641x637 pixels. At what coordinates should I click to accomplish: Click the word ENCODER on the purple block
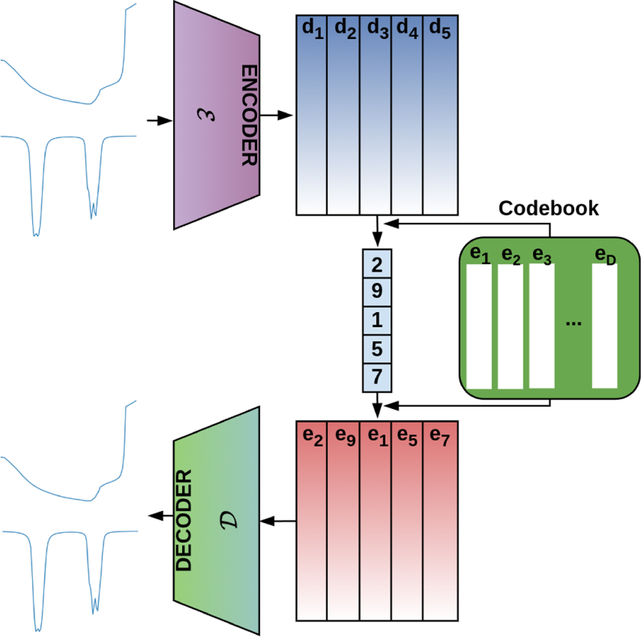point(249,115)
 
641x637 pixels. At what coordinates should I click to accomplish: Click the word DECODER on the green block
point(184,521)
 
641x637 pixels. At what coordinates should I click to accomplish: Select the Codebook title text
point(549,208)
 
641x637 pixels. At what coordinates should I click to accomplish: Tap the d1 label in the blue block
point(312,29)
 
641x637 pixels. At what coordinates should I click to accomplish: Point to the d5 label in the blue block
point(440,29)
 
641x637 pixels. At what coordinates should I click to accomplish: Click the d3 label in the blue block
point(377,29)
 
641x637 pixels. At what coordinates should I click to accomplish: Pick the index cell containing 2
point(377,264)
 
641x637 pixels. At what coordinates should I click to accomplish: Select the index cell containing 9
point(377,292)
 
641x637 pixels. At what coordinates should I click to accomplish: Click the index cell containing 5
point(377,349)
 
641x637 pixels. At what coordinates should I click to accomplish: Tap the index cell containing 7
point(377,377)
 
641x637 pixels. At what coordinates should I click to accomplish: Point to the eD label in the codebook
point(605,257)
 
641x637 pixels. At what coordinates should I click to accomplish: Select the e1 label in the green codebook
point(480,255)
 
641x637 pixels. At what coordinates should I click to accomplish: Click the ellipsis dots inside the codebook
point(573,323)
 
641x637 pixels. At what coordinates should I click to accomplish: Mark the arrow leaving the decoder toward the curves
point(160,516)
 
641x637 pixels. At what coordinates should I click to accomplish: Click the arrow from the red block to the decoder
point(278,521)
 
